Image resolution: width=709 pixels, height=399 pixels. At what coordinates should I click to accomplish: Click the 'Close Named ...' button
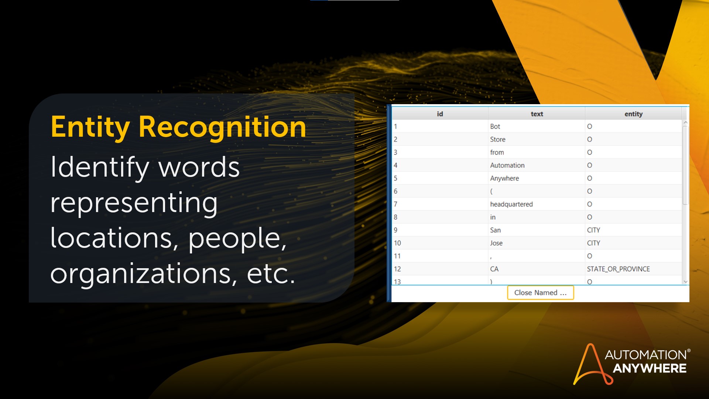(x=540, y=293)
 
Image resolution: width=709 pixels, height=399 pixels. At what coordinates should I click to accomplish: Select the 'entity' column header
(x=633, y=114)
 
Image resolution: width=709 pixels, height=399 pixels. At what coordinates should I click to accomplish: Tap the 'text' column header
(x=537, y=114)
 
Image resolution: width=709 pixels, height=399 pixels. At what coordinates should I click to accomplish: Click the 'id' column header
(x=440, y=114)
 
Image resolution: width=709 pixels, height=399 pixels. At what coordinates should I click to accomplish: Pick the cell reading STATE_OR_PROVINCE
(x=618, y=269)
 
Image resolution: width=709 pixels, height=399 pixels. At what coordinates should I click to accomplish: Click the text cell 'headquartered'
(x=511, y=204)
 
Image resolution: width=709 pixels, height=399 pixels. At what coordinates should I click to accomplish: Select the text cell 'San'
(x=495, y=230)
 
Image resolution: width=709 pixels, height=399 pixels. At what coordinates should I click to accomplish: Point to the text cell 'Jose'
(x=496, y=243)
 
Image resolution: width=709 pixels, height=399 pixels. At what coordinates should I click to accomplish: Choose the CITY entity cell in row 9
(x=593, y=230)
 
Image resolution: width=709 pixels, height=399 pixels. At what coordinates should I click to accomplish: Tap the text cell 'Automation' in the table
(x=507, y=165)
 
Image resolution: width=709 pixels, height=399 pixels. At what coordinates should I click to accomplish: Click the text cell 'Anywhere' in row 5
(x=504, y=178)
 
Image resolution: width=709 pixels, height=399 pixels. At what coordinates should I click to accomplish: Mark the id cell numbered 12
(x=397, y=269)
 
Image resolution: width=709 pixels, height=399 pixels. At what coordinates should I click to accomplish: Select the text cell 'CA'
(x=494, y=269)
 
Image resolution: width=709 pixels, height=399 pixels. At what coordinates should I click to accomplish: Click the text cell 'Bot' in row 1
(x=495, y=126)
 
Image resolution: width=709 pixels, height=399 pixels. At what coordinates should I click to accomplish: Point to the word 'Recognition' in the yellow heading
(x=222, y=127)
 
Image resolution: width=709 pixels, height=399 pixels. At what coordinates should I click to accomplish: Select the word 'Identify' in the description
(x=100, y=167)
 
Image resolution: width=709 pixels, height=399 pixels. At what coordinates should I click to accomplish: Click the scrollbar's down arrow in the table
(x=685, y=282)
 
